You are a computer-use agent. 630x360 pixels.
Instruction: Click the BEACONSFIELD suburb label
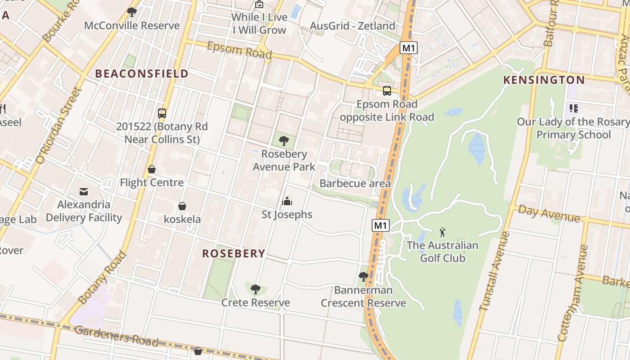coord(142,74)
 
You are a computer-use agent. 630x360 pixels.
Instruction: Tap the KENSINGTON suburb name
coord(544,80)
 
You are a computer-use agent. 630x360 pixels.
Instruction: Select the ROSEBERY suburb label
coord(234,253)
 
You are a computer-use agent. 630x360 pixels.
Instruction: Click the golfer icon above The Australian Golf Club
coord(442,232)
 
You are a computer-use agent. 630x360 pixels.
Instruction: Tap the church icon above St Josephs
coord(287,201)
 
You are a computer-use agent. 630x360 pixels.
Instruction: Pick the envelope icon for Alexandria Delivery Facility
coord(84,191)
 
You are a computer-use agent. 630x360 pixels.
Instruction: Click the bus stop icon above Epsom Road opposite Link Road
coord(387,91)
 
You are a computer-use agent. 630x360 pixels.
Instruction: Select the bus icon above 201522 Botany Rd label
coord(162,113)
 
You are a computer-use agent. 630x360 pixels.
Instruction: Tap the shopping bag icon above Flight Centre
coord(152,169)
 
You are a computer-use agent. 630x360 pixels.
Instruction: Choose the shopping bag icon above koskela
coord(182,206)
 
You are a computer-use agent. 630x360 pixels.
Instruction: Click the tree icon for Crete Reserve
coord(256,289)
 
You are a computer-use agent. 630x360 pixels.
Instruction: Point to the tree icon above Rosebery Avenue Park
coord(284,141)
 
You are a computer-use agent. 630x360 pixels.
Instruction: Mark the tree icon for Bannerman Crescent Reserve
coord(363,277)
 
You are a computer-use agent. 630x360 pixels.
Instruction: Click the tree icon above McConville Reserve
coord(132,12)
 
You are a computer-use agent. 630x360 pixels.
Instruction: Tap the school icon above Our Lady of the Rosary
coord(573,108)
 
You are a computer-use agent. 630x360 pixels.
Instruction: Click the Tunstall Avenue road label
coord(495,271)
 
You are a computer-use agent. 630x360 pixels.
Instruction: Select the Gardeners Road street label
coord(117,336)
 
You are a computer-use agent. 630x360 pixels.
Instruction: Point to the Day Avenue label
coord(549,213)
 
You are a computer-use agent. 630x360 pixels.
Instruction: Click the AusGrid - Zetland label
coord(352,26)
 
